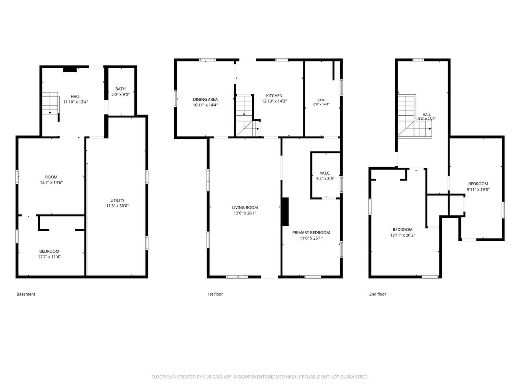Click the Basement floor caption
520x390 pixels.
26,294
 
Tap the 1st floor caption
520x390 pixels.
215,294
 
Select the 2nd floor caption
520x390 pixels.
378,294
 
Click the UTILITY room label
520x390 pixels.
117,200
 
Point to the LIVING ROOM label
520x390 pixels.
245,208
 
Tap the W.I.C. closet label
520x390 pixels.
325,173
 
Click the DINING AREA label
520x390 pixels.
205,100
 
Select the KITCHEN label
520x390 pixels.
274,95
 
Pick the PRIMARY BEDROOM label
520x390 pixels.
311,232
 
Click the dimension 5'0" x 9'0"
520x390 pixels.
120,94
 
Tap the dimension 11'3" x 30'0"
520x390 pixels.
117,206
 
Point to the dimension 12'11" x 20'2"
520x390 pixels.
403,235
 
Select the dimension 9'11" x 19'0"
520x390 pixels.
478,189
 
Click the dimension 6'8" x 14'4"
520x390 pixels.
321,104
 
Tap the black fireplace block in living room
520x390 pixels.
285,212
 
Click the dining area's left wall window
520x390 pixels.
176,98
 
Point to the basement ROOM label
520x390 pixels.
51,177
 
